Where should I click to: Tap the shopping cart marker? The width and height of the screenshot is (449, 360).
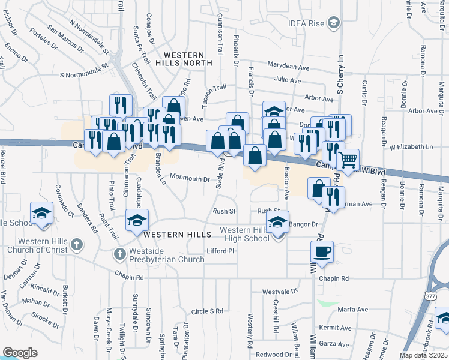pos(348,160)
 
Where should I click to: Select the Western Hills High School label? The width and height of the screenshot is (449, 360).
pos(247,234)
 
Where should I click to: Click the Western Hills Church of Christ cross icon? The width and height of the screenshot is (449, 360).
pos(75,244)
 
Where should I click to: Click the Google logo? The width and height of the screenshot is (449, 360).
pos(20,353)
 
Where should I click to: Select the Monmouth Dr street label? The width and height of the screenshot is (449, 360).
pos(190,178)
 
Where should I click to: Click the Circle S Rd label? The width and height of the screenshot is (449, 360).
pos(207,311)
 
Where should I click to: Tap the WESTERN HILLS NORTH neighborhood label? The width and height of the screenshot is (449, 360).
pos(184,58)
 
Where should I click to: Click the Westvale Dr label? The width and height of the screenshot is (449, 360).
pos(280,292)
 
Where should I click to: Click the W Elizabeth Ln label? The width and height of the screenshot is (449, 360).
pos(411,147)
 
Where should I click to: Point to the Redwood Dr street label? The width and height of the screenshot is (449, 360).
pos(273,355)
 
